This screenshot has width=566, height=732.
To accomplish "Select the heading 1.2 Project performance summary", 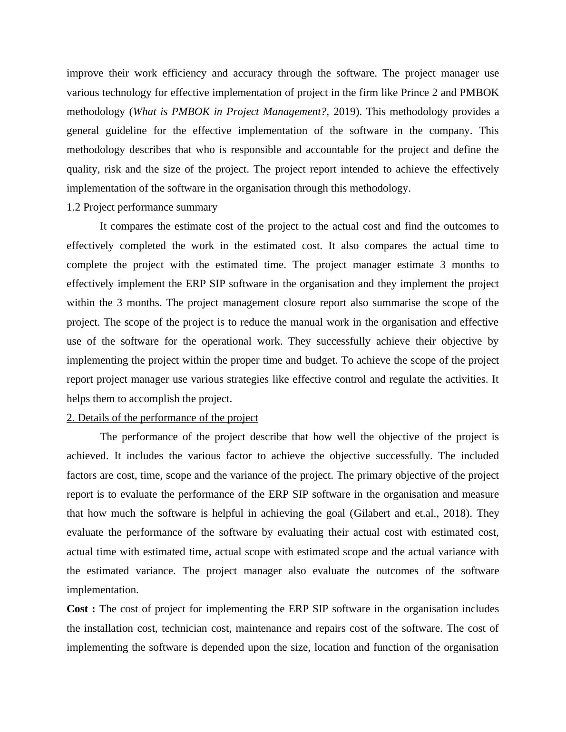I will [x=142, y=207].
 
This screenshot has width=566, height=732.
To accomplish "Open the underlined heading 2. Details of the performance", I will [x=162, y=418].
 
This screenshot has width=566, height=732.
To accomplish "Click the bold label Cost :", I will [x=81, y=609].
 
